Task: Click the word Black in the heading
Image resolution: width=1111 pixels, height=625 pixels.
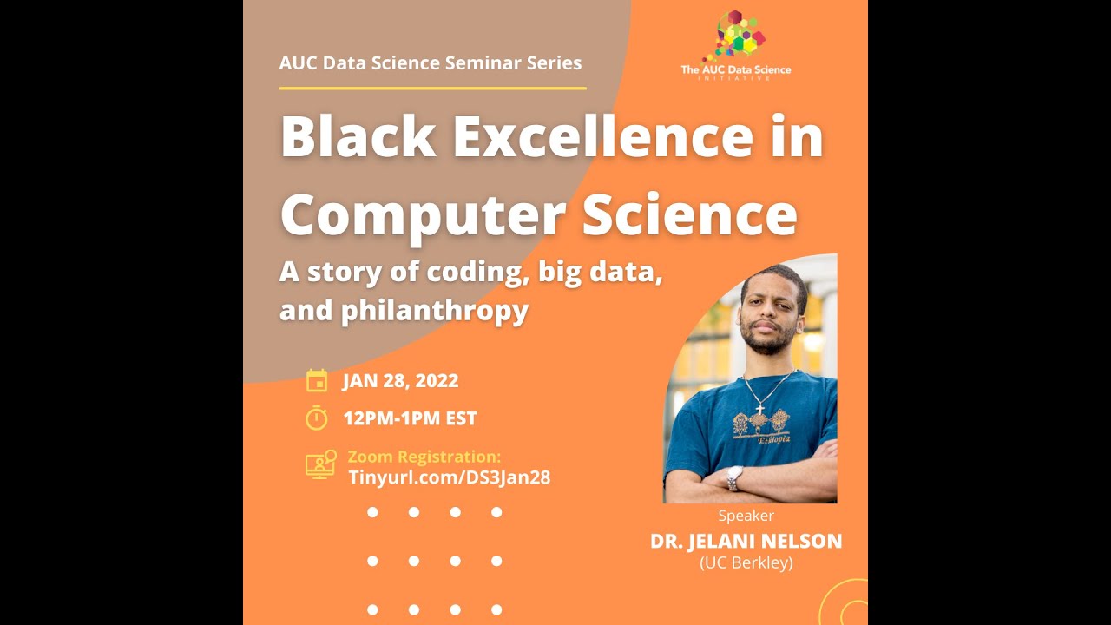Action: click(x=358, y=137)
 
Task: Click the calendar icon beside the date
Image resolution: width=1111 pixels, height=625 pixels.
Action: click(x=317, y=380)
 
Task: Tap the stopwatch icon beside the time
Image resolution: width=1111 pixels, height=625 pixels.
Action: click(x=317, y=418)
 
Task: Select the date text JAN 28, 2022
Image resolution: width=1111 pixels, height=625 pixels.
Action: click(x=400, y=380)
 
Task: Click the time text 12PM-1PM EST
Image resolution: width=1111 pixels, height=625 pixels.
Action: click(x=410, y=418)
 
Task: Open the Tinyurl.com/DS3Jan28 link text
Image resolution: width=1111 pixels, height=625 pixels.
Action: click(x=449, y=477)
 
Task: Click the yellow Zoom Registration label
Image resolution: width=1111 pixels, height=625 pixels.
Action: click(x=424, y=457)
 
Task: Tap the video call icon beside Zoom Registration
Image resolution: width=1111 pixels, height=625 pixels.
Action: click(x=320, y=464)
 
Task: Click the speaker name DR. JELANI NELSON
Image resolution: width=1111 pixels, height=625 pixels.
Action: click(x=746, y=542)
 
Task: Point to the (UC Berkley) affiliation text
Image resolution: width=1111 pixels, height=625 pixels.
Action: click(x=746, y=562)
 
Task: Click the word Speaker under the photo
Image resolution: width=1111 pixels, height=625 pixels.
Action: click(x=746, y=516)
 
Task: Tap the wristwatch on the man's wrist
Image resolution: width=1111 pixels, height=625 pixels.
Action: click(x=734, y=477)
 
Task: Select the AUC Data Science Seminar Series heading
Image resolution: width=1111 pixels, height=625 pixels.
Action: click(x=431, y=63)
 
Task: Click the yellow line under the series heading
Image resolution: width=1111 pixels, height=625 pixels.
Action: click(x=432, y=88)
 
